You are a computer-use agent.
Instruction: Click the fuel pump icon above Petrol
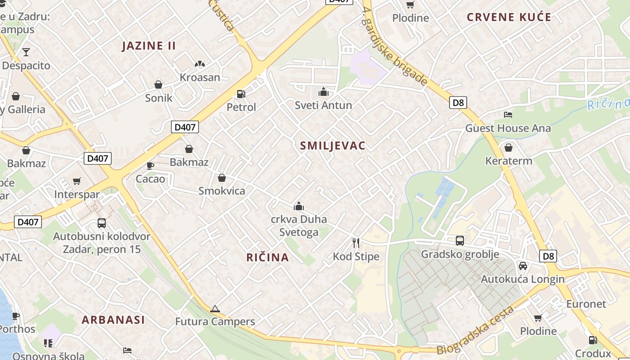[x=241, y=94]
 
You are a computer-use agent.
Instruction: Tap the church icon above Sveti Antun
[x=323, y=92]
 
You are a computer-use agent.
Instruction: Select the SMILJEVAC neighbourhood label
[x=333, y=145]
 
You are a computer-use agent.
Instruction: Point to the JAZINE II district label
[x=149, y=45]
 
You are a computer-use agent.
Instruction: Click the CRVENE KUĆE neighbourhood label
[x=509, y=17]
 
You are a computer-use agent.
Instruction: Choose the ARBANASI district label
[x=113, y=320]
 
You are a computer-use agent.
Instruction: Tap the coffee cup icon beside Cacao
[x=150, y=166]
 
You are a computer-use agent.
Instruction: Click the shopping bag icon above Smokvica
[x=221, y=178]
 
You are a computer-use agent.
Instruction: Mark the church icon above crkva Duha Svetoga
[x=298, y=207]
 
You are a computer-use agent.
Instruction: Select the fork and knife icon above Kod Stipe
[x=356, y=243]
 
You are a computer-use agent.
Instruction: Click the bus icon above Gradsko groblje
[x=459, y=241]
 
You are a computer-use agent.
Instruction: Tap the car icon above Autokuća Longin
[x=522, y=265]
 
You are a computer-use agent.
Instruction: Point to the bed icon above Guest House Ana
[x=508, y=115]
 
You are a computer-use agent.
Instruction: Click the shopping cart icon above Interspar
[x=76, y=181]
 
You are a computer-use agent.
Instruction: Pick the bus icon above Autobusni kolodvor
[x=102, y=223]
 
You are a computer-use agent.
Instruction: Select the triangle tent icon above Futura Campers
[x=215, y=309]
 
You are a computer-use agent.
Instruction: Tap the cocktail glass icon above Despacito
[x=26, y=52]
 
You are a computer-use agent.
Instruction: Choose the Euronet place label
[x=586, y=304]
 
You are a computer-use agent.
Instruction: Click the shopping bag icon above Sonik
[x=158, y=84]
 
